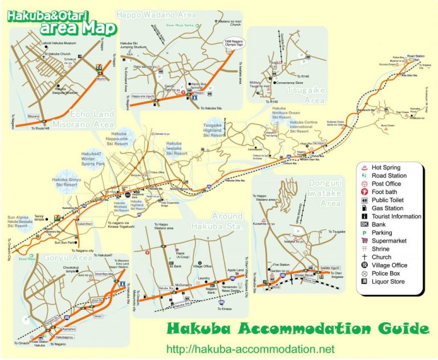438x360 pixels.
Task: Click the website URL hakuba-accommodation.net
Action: pos(250,349)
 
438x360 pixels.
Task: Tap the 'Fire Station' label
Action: pos(282,265)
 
